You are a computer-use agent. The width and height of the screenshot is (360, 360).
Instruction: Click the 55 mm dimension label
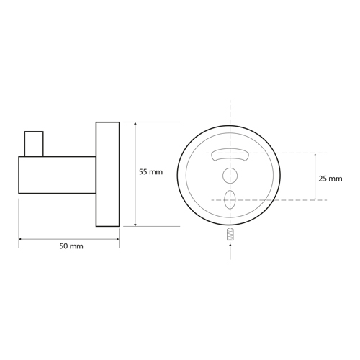(150, 172)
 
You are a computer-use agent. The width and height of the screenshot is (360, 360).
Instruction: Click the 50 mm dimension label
(71, 246)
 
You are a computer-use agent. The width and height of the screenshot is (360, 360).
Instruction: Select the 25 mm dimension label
(330, 179)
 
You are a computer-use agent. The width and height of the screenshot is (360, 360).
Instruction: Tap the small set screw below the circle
(230, 234)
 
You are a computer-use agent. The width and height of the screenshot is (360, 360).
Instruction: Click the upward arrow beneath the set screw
(230, 251)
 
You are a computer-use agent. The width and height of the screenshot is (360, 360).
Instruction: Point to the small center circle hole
(230, 176)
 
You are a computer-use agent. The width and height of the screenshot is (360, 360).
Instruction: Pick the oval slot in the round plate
(230, 200)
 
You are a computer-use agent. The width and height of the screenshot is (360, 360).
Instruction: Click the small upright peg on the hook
(34, 144)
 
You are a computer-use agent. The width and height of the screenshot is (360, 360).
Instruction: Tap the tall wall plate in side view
(108, 174)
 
